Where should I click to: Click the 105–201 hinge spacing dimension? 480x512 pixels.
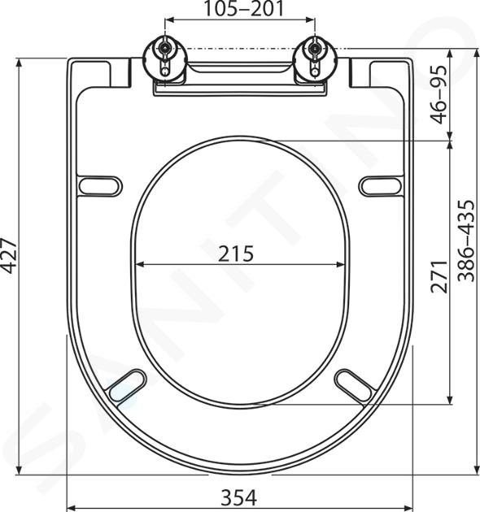pyautogui.click(x=243, y=9)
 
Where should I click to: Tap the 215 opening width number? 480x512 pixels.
pyautogui.click(x=235, y=254)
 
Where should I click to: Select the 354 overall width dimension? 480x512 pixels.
pyautogui.click(x=239, y=497)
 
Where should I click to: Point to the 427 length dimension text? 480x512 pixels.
pyautogui.click(x=9, y=256)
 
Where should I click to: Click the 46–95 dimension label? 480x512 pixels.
pyautogui.click(x=439, y=94)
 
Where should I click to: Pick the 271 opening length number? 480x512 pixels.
pyautogui.click(x=439, y=277)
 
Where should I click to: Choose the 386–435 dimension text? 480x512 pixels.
pyautogui.click(x=465, y=241)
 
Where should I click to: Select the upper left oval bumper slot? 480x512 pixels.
pyautogui.click(x=100, y=186)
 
